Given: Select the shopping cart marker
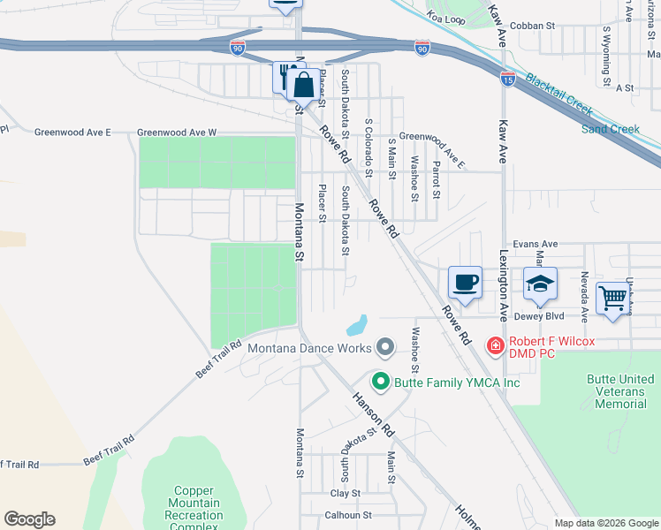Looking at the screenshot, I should [x=612, y=297].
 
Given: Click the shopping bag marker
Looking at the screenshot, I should [x=303, y=85].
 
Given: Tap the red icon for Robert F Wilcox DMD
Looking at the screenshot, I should [x=496, y=344].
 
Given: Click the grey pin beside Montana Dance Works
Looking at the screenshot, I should [x=384, y=348].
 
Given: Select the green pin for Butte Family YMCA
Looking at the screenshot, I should [x=381, y=382].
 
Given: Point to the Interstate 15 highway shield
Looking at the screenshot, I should [x=507, y=78].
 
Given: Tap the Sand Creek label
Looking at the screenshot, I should [x=610, y=129].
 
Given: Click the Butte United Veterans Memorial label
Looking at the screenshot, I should [x=620, y=391].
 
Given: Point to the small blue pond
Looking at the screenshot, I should [x=357, y=325].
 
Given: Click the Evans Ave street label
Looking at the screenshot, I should [x=536, y=244].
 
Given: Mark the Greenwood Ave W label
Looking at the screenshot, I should [x=177, y=132].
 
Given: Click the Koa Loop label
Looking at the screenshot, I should [x=444, y=16].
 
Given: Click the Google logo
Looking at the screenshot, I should [x=29, y=519].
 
